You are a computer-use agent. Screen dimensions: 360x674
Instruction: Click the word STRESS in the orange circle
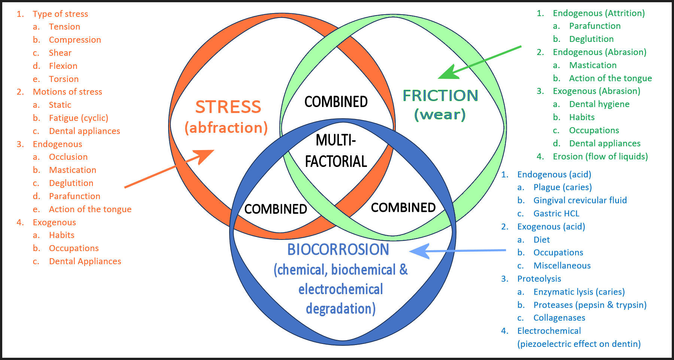pos(228,107)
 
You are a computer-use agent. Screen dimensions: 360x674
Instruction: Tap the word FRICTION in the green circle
pos(440,95)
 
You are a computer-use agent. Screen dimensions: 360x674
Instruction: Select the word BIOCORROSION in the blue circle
pos(338,250)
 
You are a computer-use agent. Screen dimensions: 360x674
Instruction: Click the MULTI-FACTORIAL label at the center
pos(336,151)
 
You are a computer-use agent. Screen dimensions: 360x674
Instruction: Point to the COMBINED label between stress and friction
pos(336,102)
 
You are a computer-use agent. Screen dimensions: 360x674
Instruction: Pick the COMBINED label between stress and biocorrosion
pos(276,209)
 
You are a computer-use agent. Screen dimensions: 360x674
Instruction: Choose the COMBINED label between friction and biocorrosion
pos(403,207)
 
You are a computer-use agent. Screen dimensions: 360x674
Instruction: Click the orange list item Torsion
pos(64,79)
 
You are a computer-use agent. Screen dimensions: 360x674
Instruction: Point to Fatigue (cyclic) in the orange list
pos(78,118)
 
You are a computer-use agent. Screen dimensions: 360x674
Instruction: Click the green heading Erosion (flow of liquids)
pos(600,156)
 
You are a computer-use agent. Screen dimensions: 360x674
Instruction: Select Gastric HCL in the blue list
pos(556,213)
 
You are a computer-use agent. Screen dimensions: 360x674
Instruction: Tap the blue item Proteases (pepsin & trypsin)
pos(590,305)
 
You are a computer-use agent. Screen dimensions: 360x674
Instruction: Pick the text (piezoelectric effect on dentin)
pos(579,344)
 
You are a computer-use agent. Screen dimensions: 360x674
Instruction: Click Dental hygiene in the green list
pos(599,104)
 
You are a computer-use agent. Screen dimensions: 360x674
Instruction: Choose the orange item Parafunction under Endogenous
pos(75,196)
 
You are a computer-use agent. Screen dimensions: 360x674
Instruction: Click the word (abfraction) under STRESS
pos(226,128)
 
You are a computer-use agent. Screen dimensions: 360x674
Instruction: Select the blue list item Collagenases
pos(559,318)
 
